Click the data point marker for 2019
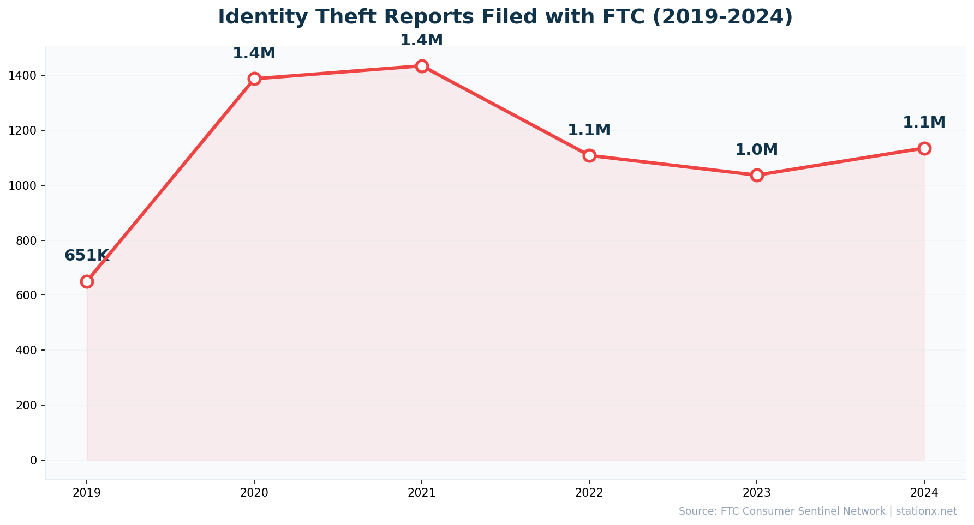tap(87, 281)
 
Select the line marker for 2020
tap(254, 79)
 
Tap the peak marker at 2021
tap(422, 66)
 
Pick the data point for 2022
tap(589, 155)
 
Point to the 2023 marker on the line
tap(757, 175)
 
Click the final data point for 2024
tap(924, 148)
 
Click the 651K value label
tap(87, 256)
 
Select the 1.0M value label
tap(757, 150)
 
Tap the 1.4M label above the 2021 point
tap(422, 40)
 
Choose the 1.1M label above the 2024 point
tap(924, 123)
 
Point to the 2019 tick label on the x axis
tap(87, 493)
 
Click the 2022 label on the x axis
tap(589, 493)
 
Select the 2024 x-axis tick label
tap(924, 493)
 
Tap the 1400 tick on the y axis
tap(23, 75)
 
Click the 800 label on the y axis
tap(26, 240)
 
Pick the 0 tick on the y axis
tap(34, 460)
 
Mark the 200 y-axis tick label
tap(26, 405)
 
